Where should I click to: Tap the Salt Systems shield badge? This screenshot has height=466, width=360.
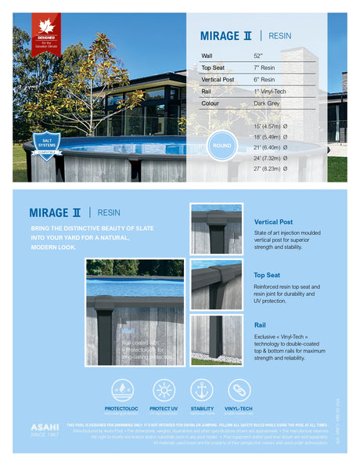pos(47,145)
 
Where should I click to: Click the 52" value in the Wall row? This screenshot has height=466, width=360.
pos(258,56)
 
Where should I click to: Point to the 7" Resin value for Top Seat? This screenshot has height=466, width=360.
pos(265,68)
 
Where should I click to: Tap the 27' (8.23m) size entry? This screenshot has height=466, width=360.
pos(270,168)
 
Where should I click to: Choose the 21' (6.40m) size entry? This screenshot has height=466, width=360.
pos(270,147)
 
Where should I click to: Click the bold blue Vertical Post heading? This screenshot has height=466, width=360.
pos(273,222)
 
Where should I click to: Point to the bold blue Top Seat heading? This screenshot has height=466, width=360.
pos(267,276)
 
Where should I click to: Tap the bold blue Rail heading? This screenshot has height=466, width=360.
pos(261,324)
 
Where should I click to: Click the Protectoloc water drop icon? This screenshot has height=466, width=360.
pos(122,389)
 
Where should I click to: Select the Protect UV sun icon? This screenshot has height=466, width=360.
pos(164,389)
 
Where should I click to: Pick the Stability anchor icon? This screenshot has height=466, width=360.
pos(202,389)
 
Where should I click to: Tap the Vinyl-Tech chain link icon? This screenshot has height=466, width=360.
pos(239,389)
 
